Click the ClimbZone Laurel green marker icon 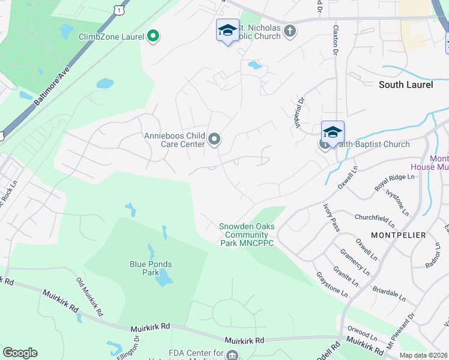pyautogui.click(x=153, y=37)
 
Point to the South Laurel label pyautogui.click(x=406, y=85)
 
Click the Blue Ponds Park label pyautogui.click(x=151, y=268)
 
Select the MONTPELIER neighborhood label pyautogui.click(x=399, y=235)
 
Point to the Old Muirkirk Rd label pyautogui.click(x=89, y=298)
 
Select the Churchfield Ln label pyautogui.click(x=375, y=221)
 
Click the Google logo pyautogui.click(x=20, y=353)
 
